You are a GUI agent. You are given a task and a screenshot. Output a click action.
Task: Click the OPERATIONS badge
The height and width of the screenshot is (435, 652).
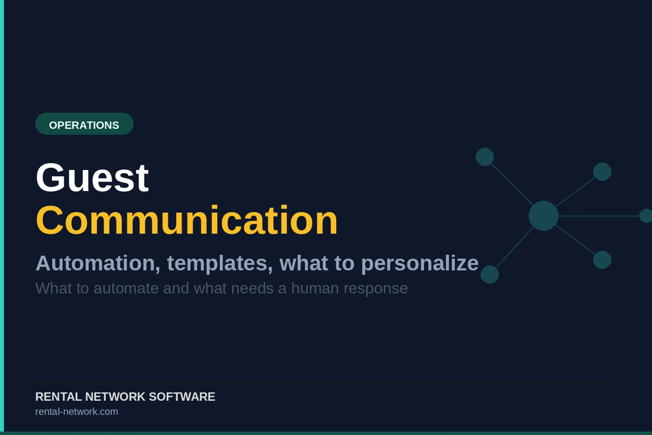(x=84, y=124)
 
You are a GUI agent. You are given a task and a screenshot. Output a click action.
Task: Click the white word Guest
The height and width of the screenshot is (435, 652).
(x=92, y=177)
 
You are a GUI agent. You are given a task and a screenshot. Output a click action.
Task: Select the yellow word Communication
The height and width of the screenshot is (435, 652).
(x=186, y=220)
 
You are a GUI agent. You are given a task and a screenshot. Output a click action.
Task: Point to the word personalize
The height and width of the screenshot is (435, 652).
(x=419, y=263)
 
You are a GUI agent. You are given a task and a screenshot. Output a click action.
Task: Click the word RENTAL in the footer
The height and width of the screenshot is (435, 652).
(x=58, y=397)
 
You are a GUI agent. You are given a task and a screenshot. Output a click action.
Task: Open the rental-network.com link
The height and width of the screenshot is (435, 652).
(x=76, y=411)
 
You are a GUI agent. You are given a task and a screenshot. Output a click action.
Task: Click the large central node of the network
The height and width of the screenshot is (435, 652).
(x=543, y=216)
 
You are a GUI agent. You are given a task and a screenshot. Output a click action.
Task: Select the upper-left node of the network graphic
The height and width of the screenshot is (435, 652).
(x=485, y=157)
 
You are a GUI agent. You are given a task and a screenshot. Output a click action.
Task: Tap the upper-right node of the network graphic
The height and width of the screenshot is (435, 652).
(x=602, y=171)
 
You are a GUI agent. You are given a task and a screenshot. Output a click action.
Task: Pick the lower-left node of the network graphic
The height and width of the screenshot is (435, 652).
(x=489, y=274)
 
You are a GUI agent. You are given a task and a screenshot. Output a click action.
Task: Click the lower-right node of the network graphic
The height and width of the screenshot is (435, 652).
(x=602, y=260)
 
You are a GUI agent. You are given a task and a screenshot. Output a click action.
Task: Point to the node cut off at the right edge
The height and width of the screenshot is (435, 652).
(x=646, y=216)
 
